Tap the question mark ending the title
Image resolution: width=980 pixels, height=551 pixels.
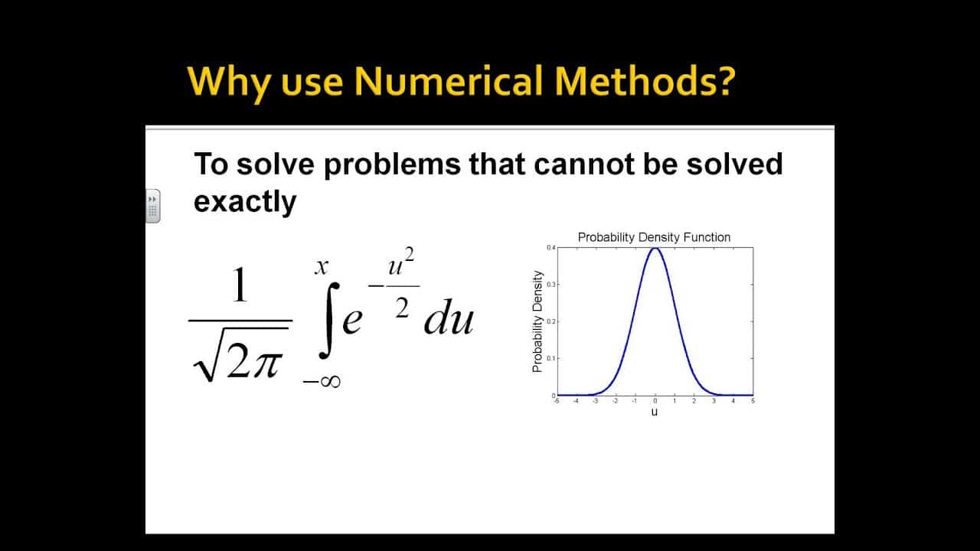(x=721, y=82)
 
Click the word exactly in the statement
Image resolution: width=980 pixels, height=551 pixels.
(x=245, y=202)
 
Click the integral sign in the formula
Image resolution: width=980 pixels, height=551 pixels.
(x=328, y=321)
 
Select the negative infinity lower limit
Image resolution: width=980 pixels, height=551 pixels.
(x=322, y=380)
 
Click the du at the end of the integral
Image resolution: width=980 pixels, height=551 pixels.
(x=449, y=319)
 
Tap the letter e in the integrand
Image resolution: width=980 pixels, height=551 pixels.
(x=351, y=321)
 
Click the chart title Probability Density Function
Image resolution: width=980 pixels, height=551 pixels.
(x=654, y=237)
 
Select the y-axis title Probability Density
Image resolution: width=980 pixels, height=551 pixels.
(x=537, y=321)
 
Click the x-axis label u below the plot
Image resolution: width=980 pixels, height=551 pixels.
(x=655, y=412)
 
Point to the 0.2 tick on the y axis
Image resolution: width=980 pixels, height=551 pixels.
(x=551, y=321)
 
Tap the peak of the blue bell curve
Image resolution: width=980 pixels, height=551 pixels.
(x=655, y=248)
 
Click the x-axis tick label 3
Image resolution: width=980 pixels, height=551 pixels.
(x=714, y=401)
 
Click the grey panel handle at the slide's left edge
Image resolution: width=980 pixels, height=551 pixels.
(x=153, y=205)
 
